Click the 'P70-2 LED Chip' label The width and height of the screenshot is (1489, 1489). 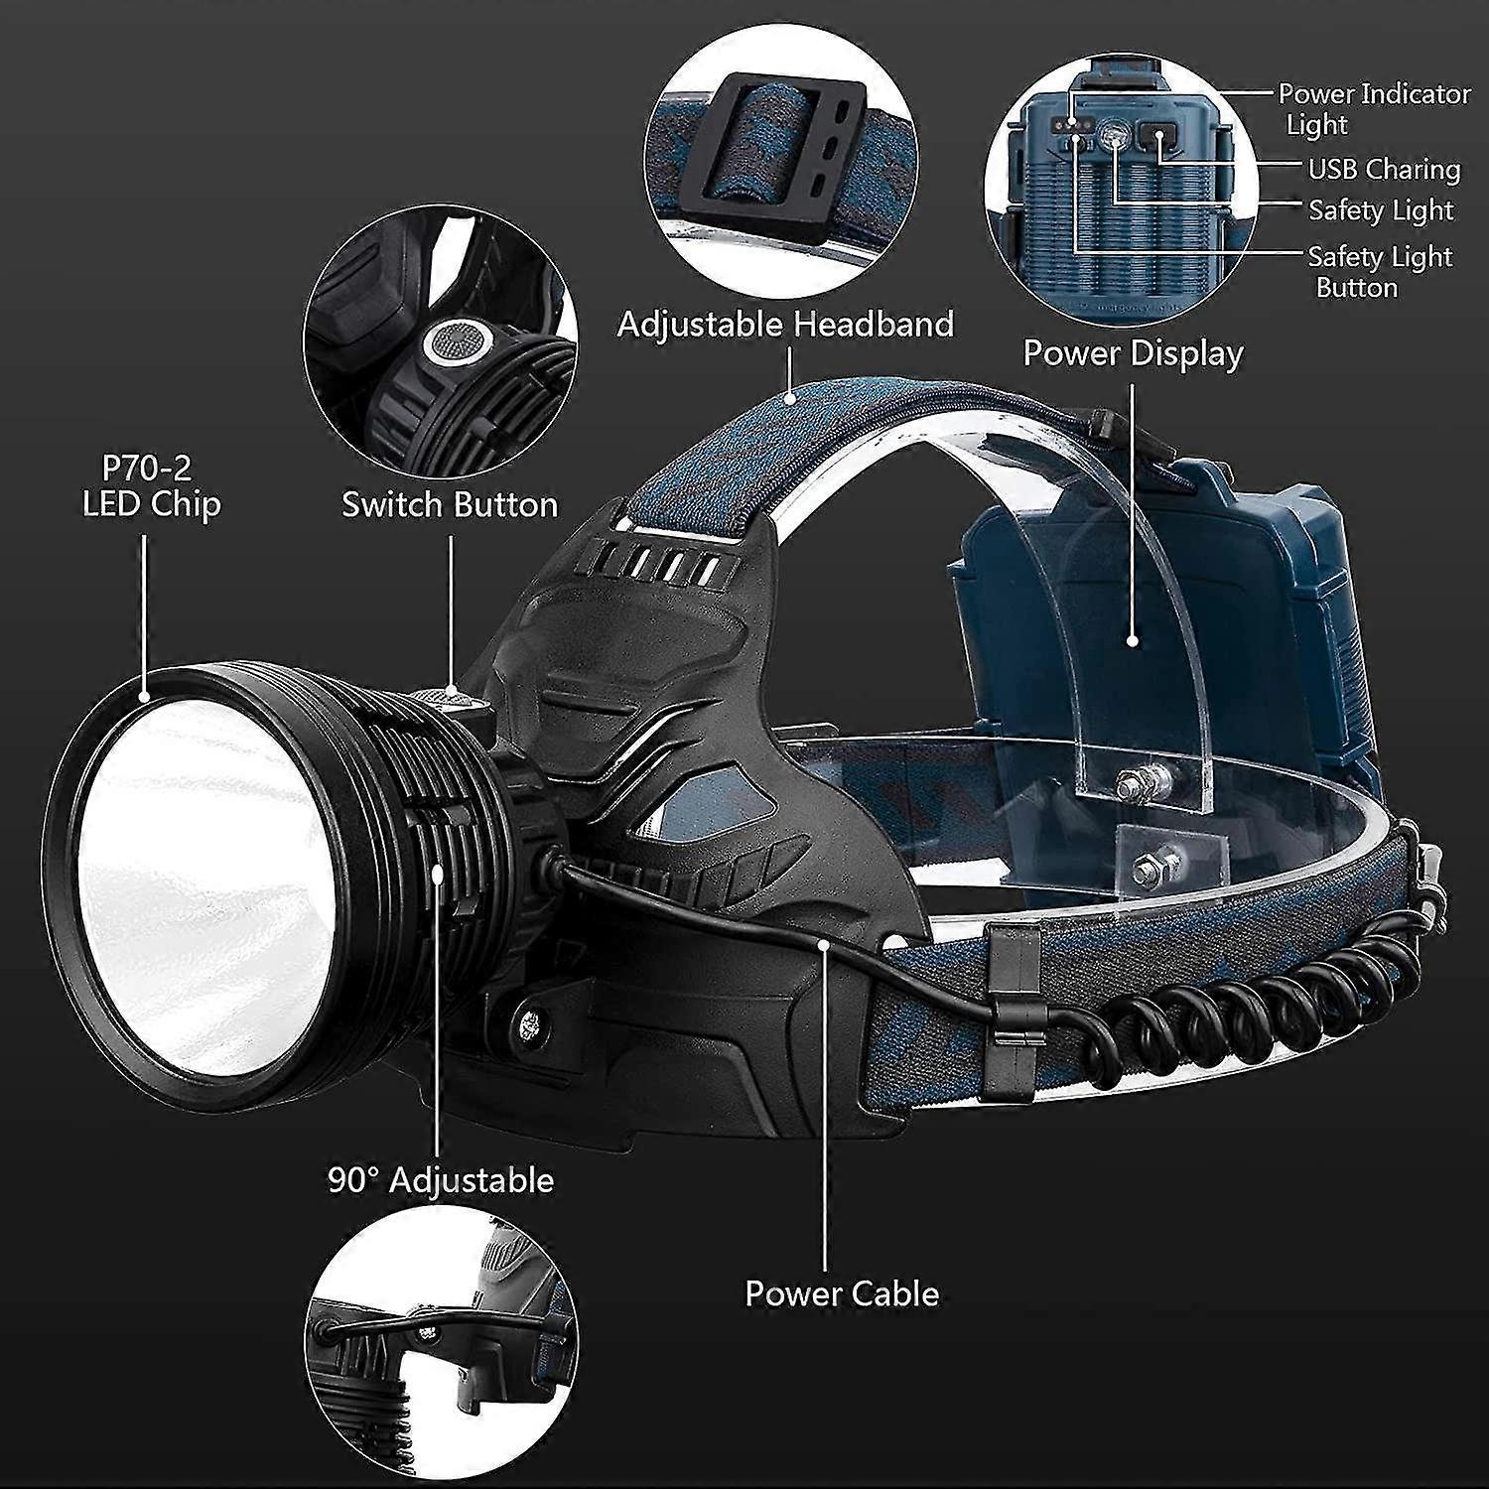151,485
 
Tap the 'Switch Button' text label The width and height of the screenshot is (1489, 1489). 450,504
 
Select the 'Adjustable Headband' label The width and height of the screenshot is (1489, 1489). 785,324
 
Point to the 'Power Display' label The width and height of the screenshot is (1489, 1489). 1133,353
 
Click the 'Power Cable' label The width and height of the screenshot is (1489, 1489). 842,1293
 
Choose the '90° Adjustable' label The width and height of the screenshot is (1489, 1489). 441,1180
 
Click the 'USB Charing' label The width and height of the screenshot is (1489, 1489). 1384,170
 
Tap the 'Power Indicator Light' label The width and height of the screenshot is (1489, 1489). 1373,108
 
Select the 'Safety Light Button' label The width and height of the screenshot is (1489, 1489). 1379,271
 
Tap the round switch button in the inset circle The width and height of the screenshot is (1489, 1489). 455,344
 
